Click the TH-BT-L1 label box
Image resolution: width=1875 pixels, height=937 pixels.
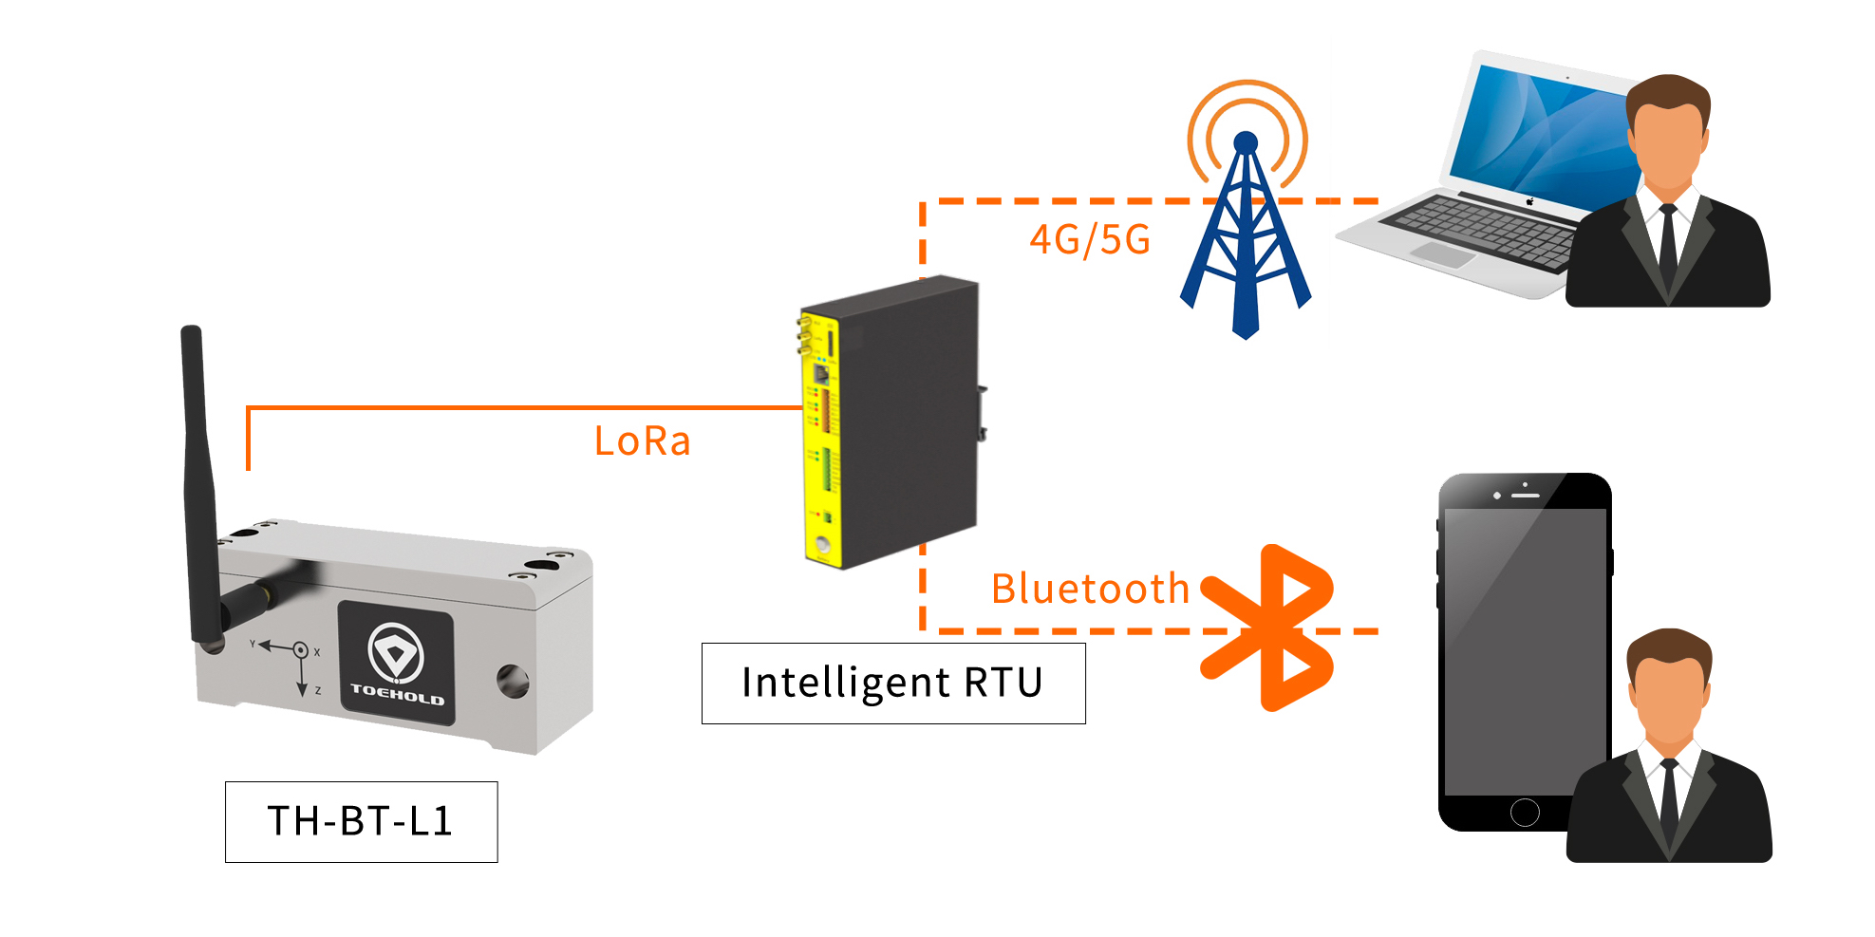[x=361, y=821]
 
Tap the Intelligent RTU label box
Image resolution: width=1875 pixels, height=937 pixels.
[x=892, y=683]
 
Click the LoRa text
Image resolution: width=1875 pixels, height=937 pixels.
[x=642, y=441]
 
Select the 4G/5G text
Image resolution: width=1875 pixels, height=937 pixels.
[x=1090, y=239]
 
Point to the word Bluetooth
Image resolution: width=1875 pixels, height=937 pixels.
[x=1090, y=589]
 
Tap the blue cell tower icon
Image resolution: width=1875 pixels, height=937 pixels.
[x=1246, y=237]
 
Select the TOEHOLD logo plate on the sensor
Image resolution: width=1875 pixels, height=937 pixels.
[x=396, y=662]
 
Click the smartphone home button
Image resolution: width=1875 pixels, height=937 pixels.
[x=1525, y=812]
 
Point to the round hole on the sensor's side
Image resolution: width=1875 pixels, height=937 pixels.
[x=513, y=680]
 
